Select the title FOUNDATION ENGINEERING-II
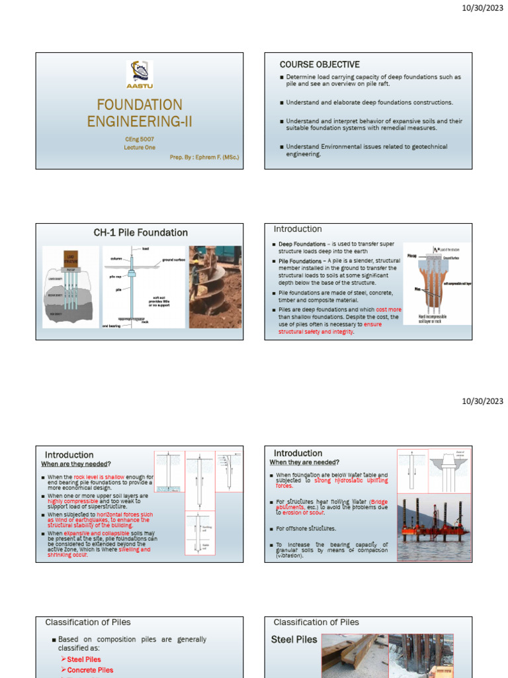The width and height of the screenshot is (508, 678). [x=139, y=113]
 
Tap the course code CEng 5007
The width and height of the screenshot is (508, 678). [x=139, y=139]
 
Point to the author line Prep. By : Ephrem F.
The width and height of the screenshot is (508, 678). [x=204, y=158]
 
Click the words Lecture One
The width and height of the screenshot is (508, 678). [x=139, y=148]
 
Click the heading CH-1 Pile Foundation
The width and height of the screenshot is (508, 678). [x=140, y=232]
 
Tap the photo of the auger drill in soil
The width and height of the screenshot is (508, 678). [x=215, y=287]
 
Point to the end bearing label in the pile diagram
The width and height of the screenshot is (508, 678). [x=112, y=326]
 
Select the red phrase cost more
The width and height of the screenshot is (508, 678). [x=388, y=309]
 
